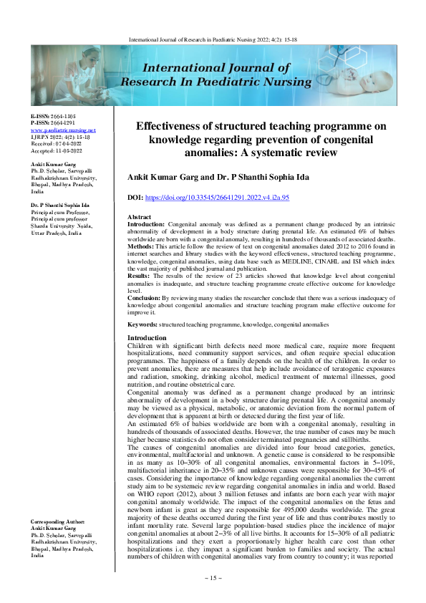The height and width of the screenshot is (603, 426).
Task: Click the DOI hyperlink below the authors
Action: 227,196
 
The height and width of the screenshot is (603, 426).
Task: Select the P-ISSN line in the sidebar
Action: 52,122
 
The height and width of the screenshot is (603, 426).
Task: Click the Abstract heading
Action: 138,216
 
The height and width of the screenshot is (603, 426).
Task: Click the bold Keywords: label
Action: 142,324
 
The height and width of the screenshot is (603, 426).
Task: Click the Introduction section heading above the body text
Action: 147,337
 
